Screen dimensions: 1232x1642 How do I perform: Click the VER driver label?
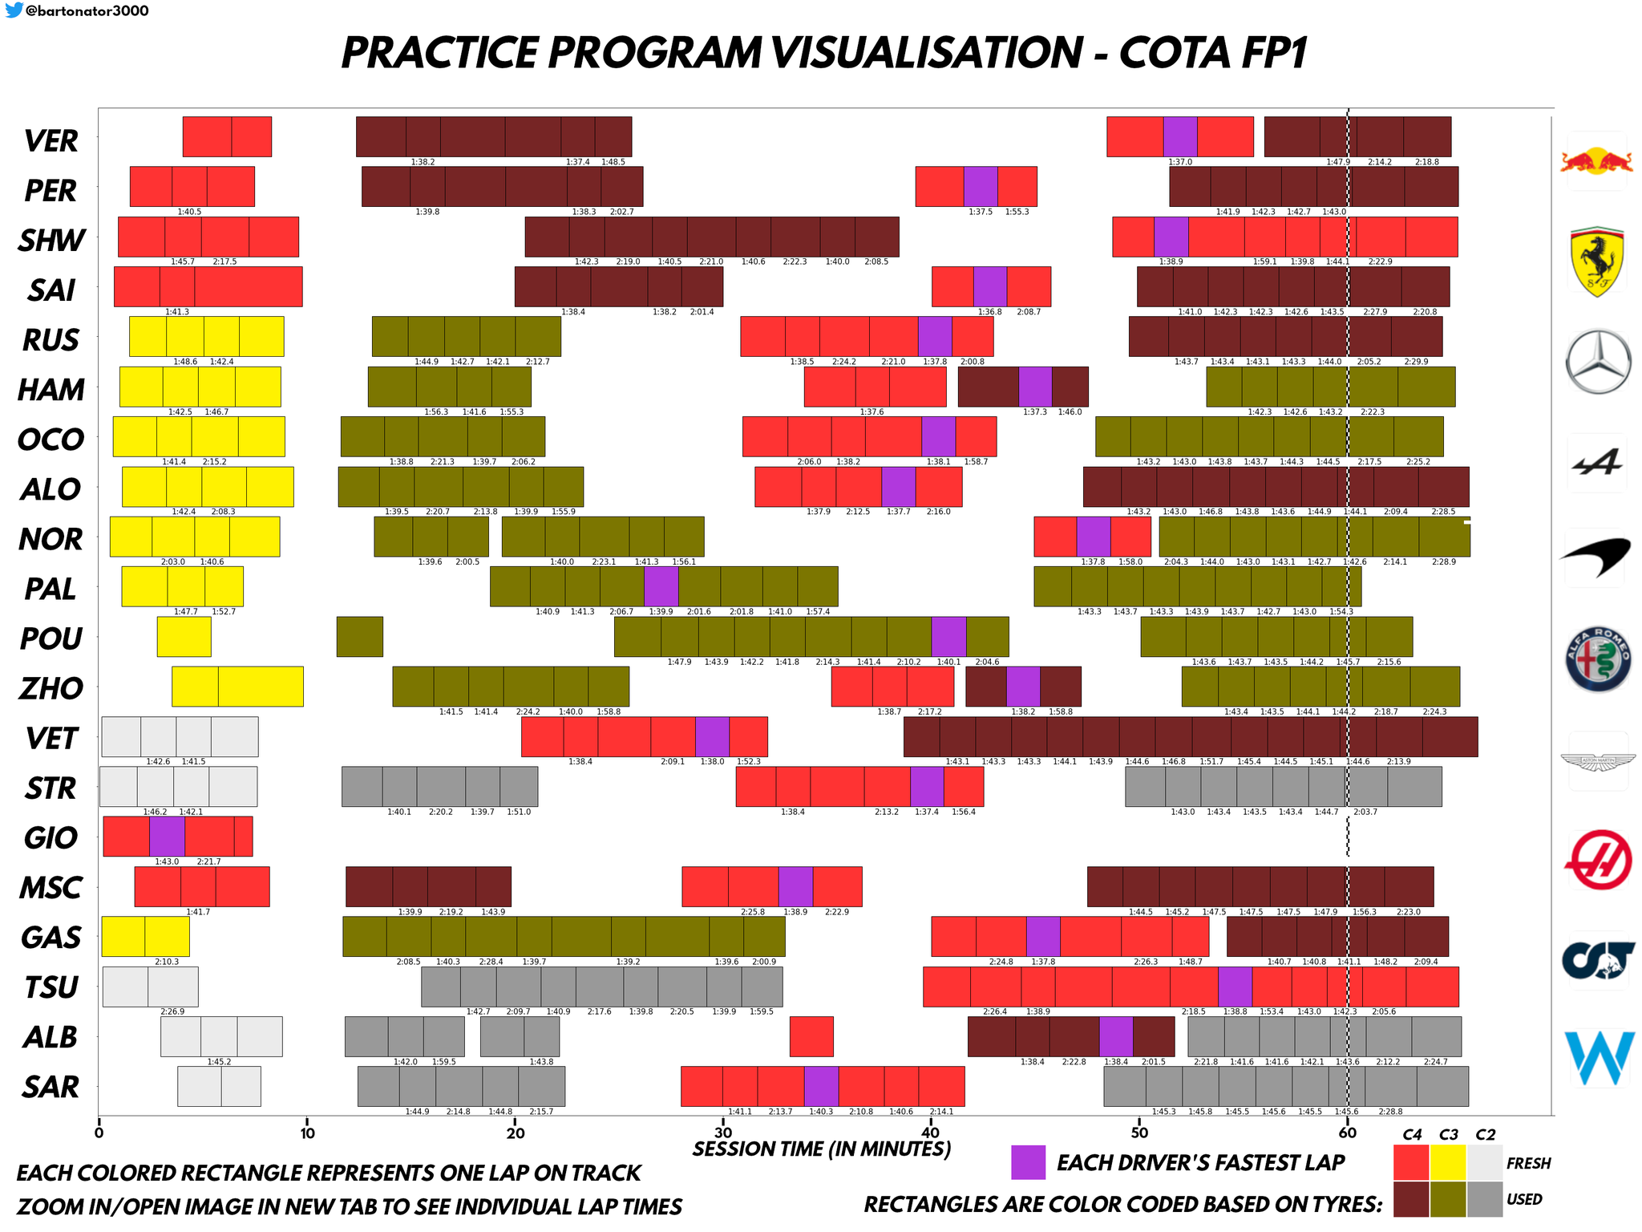click(51, 141)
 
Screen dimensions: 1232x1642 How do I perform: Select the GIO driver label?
click(51, 838)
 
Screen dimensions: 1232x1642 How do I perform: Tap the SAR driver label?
click(51, 1088)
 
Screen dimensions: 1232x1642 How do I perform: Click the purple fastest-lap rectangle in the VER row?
click(1180, 136)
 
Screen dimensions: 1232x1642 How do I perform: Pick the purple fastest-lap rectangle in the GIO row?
click(167, 837)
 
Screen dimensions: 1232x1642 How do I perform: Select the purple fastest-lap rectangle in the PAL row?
click(661, 586)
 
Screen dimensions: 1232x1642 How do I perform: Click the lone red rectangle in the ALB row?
click(811, 1036)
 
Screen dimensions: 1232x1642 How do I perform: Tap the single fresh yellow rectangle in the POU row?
click(184, 637)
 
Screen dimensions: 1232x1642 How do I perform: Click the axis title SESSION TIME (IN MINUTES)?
click(822, 1149)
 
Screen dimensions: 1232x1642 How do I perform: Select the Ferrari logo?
click(1597, 261)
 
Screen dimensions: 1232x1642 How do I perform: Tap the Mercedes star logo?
click(1598, 361)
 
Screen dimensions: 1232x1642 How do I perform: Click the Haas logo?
click(1598, 861)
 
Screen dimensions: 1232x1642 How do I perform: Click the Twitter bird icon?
click(14, 10)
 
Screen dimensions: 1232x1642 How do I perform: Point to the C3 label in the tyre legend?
click(1449, 1135)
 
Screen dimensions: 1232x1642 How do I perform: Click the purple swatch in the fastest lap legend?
click(1028, 1162)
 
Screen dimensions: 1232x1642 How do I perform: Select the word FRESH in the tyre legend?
click(1528, 1164)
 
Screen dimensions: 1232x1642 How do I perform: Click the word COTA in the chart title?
click(1171, 53)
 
